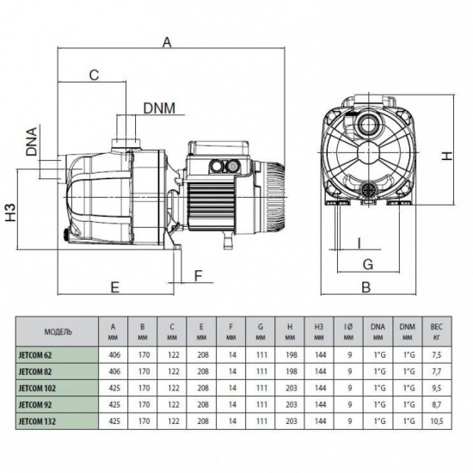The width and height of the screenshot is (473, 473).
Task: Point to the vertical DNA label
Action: click(31, 143)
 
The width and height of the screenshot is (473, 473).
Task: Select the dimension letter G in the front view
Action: click(367, 263)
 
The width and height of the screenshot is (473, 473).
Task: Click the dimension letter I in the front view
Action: click(358, 243)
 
